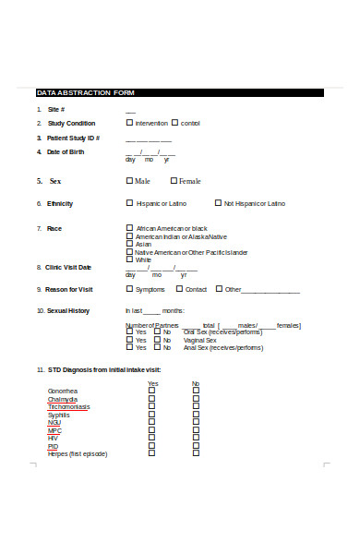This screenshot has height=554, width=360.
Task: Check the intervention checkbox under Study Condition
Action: click(x=129, y=123)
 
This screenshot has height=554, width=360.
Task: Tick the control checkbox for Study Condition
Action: click(x=174, y=123)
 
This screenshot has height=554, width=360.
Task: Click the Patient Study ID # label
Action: click(x=73, y=138)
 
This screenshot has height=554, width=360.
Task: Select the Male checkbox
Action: click(x=129, y=181)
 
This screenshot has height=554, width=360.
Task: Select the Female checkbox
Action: click(x=174, y=181)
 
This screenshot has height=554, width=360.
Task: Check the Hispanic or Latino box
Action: click(x=129, y=203)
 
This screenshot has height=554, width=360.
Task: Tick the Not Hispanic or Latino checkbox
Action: click(x=218, y=203)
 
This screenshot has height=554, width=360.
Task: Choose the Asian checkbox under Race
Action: click(x=129, y=244)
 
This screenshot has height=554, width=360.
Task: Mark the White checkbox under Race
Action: click(x=129, y=259)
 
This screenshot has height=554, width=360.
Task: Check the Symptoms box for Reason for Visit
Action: click(x=129, y=289)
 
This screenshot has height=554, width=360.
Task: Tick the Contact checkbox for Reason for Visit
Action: click(x=178, y=289)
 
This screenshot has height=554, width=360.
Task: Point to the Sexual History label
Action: click(x=68, y=311)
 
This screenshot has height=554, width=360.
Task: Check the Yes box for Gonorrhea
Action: click(x=152, y=391)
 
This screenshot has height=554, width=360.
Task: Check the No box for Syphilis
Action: click(x=196, y=415)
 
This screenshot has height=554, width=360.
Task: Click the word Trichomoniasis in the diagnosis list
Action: click(x=69, y=407)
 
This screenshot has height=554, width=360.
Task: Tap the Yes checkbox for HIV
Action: click(x=152, y=438)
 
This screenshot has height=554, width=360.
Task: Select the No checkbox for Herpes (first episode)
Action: click(x=196, y=454)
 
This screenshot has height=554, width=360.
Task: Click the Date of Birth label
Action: click(x=66, y=151)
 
